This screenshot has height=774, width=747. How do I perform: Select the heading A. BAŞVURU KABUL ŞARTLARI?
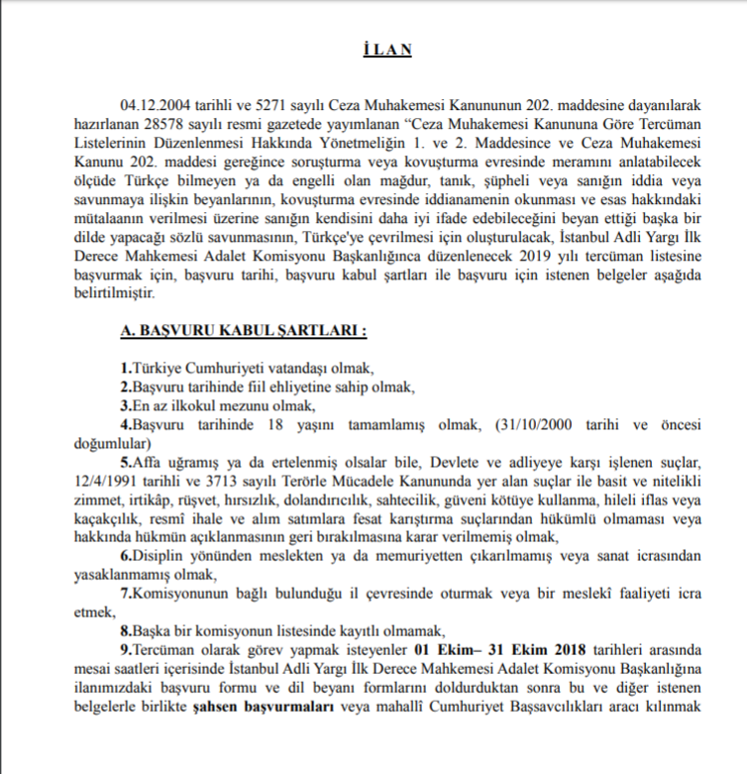(x=244, y=329)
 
